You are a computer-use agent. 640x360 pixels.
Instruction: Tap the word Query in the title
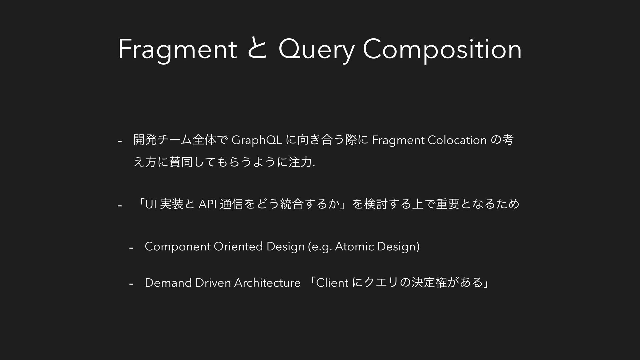pyautogui.click(x=315, y=50)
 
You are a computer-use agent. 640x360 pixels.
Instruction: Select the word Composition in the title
pyautogui.click(x=442, y=50)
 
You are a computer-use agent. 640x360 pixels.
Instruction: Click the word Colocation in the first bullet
pyautogui.click(x=457, y=140)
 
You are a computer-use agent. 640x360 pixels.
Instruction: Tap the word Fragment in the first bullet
pyautogui.click(x=398, y=141)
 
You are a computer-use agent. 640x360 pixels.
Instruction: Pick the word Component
pyautogui.click(x=178, y=247)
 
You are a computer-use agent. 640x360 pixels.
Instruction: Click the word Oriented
pyautogui.click(x=238, y=246)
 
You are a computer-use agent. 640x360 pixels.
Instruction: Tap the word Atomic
pyautogui.click(x=354, y=246)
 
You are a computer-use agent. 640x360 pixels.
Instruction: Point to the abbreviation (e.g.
pyautogui.click(x=320, y=247)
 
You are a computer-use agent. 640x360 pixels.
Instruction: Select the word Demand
pyautogui.click(x=168, y=283)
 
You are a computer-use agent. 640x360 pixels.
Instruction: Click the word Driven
pyautogui.click(x=213, y=283)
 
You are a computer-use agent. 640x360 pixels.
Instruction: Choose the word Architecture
pyautogui.click(x=267, y=283)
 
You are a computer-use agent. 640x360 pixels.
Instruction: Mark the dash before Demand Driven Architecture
pyautogui.click(x=131, y=284)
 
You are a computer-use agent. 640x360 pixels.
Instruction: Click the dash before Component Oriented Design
pyautogui.click(x=131, y=248)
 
